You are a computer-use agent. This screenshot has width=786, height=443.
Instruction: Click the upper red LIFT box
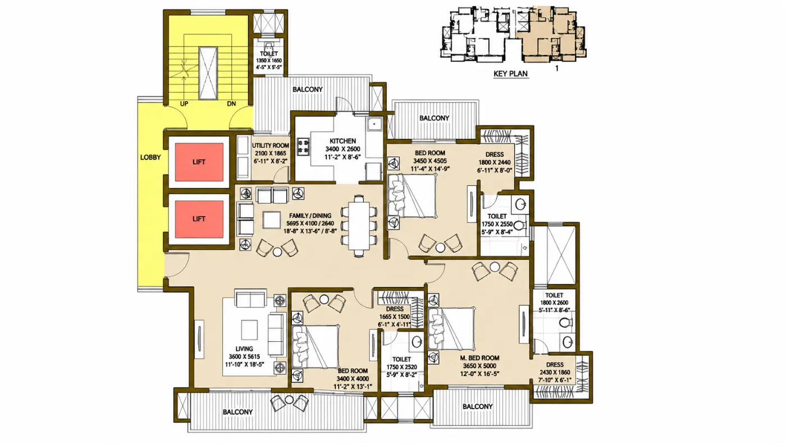tap(199, 162)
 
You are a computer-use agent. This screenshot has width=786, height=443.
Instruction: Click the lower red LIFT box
tap(199, 219)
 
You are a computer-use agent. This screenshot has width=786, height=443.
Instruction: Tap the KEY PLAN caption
tap(510, 74)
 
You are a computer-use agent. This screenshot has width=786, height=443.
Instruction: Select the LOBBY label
tap(150, 157)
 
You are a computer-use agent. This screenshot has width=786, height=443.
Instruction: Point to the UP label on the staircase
tap(184, 103)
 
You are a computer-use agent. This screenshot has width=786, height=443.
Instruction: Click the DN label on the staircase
tap(231, 103)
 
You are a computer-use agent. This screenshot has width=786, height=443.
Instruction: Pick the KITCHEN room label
tap(343, 141)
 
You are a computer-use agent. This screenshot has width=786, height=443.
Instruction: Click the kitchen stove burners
tap(303, 147)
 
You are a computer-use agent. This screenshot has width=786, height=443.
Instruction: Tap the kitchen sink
tap(374, 124)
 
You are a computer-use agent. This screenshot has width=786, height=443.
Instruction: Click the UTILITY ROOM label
tap(271, 146)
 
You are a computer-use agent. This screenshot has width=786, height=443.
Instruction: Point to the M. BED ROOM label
tap(479, 358)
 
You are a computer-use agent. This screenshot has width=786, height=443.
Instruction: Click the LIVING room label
tap(244, 349)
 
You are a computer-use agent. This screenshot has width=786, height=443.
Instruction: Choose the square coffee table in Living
tap(249, 329)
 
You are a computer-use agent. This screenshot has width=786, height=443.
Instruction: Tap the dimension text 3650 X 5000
tap(479, 366)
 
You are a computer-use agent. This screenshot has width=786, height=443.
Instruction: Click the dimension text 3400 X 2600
tap(343, 149)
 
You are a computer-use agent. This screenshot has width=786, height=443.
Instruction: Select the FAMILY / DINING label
tap(310, 216)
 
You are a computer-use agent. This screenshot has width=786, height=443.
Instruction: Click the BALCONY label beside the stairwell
tap(308, 89)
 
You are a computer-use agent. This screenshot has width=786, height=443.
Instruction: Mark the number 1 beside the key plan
tap(557, 69)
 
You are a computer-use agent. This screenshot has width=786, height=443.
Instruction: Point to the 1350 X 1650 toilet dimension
tap(269, 60)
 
